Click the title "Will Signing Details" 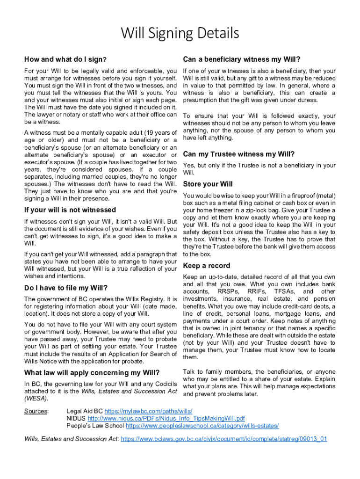(180, 34)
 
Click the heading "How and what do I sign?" (66, 59)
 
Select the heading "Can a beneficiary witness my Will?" (241, 59)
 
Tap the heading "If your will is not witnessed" (70, 210)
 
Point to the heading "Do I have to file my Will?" (66, 288)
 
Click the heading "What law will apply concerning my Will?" (92, 373)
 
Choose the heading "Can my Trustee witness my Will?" (239, 154)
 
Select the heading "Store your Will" (208, 184)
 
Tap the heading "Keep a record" (206, 266)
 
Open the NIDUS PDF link (166, 418)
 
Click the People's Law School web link (202, 426)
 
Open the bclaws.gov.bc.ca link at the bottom (223, 439)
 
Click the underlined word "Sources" (36, 411)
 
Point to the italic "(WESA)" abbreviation (36, 399)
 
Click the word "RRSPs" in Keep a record (228, 291)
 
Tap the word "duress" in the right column (301, 100)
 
